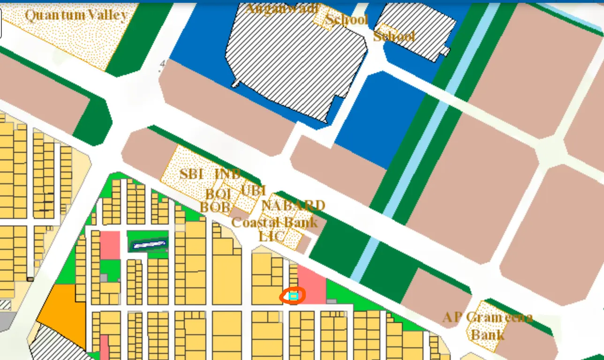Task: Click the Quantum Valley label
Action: point(76,15)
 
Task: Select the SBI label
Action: point(191,174)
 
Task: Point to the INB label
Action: point(227,174)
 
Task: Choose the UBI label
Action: point(253,191)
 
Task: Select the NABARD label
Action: point(293,205)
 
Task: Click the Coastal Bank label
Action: point(274,222)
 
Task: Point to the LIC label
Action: point(272,236)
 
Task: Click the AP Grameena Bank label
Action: point(488,326)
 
